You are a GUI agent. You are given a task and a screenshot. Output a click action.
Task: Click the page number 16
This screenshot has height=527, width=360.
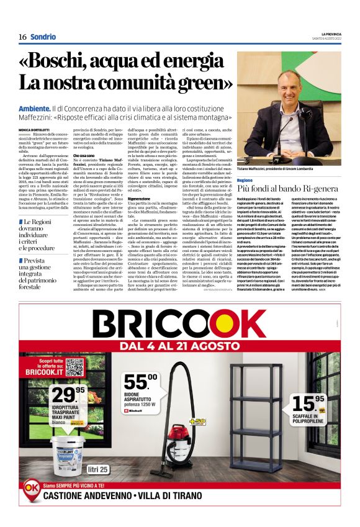pyautogui.click(x=22, y=37)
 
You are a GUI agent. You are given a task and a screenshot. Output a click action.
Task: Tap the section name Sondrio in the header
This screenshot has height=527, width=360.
pyautogui.click(x=43, y=37)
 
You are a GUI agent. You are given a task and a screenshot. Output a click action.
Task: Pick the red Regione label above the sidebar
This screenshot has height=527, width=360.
pyautogui.click(x=245, y=179)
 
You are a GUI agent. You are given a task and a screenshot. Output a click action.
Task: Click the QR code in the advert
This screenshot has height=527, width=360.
pyautogui.click(x=74, y=367)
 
